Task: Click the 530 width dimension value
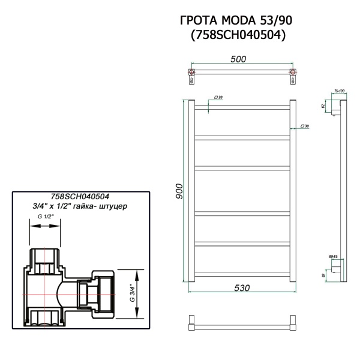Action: [x=241, y=288]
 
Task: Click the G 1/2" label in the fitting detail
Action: [x=46, y=215]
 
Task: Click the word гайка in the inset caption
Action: [x=100, y=205]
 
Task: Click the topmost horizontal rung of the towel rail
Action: [x=242, y=109]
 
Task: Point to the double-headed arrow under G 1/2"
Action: [x=46, y=226]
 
